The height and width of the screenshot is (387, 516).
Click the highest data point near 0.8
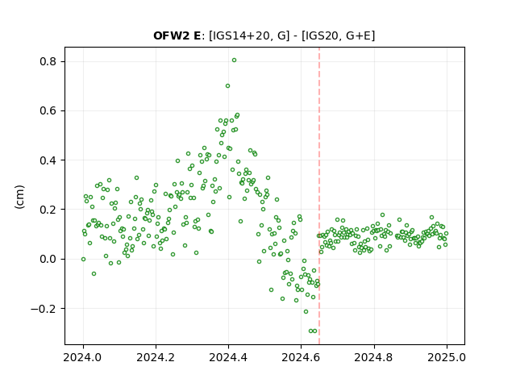coord(234,60)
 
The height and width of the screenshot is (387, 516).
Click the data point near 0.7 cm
coord(227,86)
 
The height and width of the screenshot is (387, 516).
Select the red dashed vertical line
coord(319,196)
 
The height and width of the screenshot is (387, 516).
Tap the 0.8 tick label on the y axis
coord(48,61)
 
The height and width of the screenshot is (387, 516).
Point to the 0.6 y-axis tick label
coord(48,111)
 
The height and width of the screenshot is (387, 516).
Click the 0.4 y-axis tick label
coord(48,160)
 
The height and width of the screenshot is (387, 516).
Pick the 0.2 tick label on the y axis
coord(48,210)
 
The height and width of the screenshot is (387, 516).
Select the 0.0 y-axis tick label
coord(48,259)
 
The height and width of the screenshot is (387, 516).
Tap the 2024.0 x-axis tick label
coord(82,357)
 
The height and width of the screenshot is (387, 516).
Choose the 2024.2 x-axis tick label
coord(156,357)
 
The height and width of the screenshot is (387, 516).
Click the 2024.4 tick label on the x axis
coord(228,357)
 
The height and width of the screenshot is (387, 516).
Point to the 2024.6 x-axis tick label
coord(301,357)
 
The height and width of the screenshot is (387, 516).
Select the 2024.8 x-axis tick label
coord(373,357)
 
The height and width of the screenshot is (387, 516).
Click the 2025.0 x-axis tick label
coord(447,357)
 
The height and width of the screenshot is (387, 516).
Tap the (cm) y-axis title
coord(19,197)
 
